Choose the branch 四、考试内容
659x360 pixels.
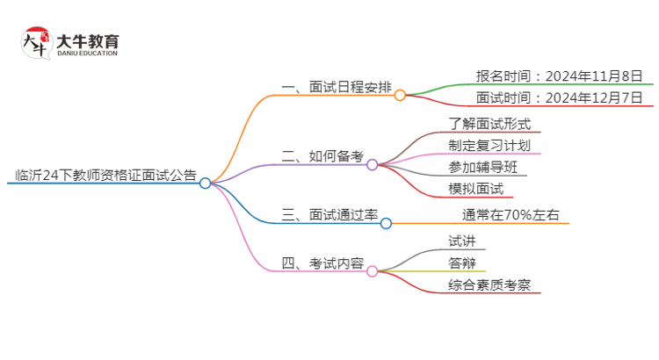coord(322,263)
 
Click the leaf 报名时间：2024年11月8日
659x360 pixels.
coord(560,75)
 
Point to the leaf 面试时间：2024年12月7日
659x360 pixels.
coord(560,97)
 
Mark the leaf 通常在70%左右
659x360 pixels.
coord(511,213)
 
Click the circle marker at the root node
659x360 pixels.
coord(205,184)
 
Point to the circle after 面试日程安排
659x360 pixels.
coord(400,95)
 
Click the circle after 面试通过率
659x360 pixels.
coord(386,223)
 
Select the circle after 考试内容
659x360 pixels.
coord(372,271)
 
